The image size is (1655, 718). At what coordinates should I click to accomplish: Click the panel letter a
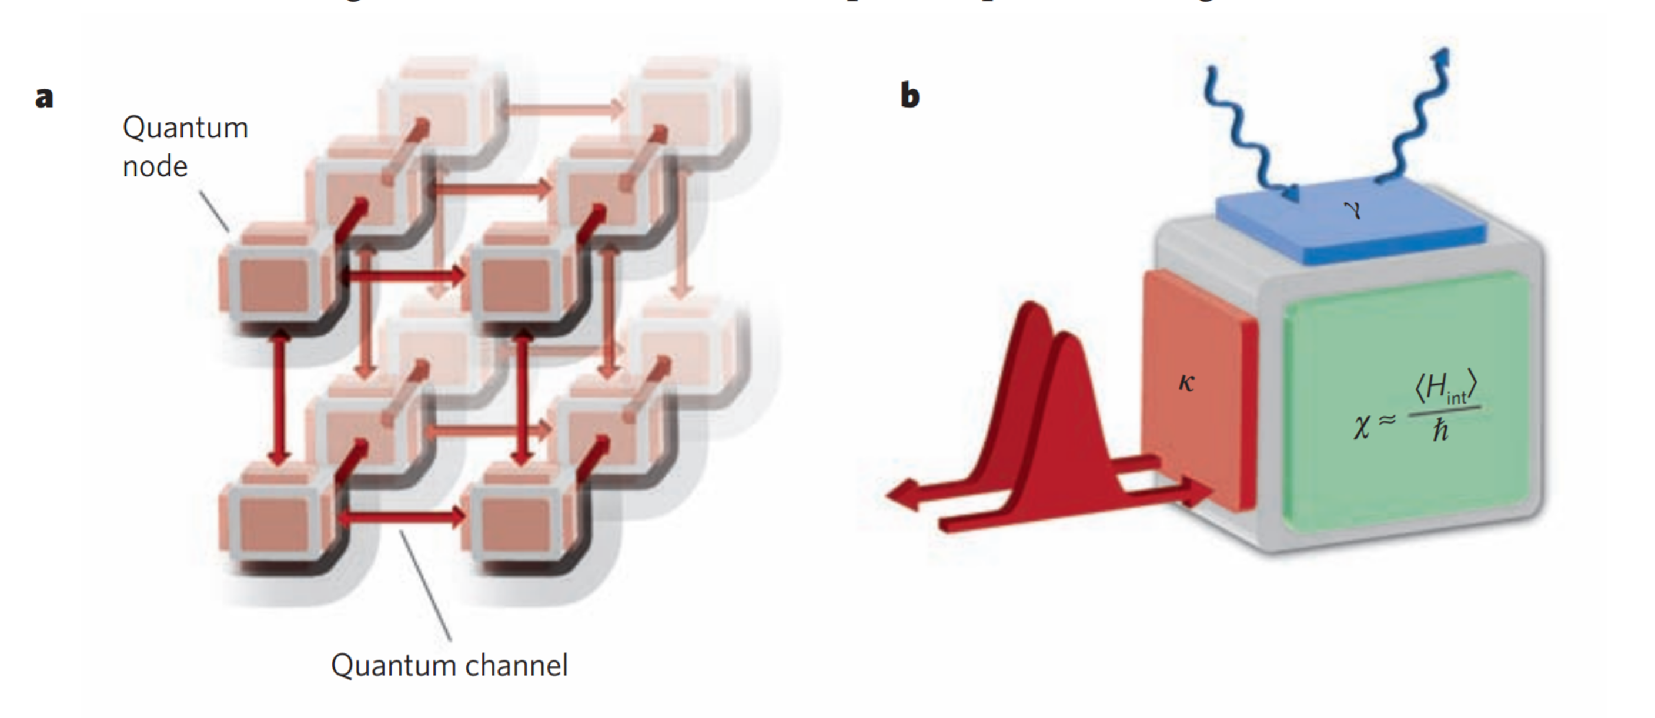44,98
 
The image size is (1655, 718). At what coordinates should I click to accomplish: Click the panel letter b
910,96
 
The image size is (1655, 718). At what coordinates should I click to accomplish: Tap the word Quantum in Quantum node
185,128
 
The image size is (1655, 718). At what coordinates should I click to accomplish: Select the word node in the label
155,166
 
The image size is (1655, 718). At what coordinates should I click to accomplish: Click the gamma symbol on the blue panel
1352,209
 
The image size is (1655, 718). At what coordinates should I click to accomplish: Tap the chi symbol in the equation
1361,425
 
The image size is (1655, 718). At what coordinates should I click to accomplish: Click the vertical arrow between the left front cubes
278,398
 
